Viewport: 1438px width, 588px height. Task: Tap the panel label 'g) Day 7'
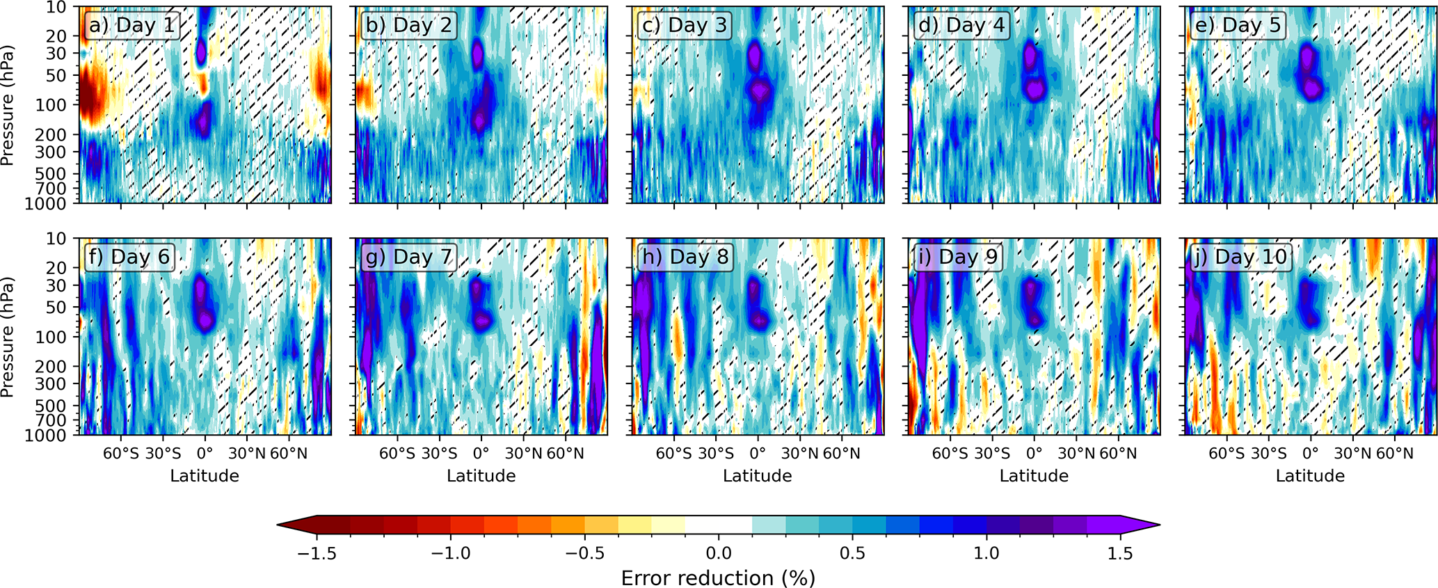point(408,257)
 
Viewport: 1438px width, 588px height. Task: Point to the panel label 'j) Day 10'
point(1237,257)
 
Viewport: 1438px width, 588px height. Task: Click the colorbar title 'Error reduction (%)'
point(718,578)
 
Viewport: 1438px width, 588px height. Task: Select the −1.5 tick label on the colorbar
point(317,554)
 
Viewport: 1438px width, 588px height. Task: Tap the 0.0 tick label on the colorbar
point(718,554)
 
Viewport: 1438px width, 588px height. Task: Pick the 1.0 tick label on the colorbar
point(986,554)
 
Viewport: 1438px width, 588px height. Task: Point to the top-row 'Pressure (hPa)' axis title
point(8,106)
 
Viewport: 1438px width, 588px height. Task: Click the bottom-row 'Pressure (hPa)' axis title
point(8,337)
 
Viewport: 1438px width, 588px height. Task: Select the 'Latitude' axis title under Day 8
point(757,476)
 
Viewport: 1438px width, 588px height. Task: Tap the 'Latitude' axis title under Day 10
point(1310,476)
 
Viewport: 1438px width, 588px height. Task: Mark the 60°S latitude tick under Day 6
point(121,454)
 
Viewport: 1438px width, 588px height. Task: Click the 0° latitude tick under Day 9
point(1034,454)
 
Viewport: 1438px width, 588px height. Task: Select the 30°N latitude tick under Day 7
point(523,454)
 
